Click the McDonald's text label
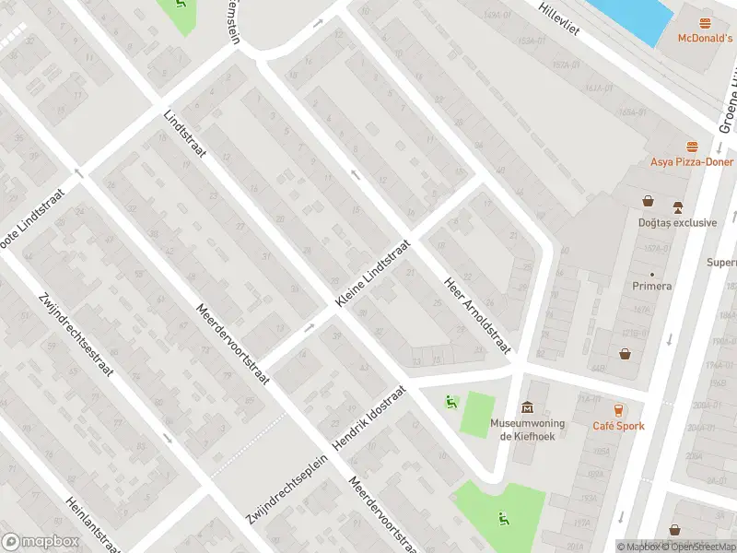point(705,38)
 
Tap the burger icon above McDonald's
point(706,23)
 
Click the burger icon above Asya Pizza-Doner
point(691,147)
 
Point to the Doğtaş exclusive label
point(677,222)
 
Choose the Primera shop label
point(651,286)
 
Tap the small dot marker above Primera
point(652,274)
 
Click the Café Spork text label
point(618,426)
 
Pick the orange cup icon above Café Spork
point(618,410)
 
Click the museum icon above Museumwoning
point(527,407)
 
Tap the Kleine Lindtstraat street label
point(372,275)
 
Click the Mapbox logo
point(39,542)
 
